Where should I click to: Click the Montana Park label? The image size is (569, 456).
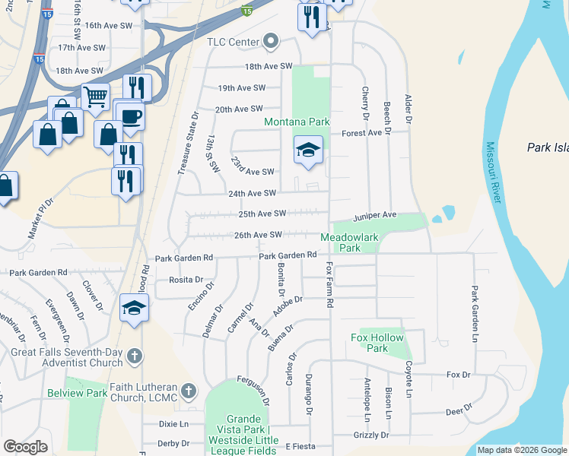point(297,122)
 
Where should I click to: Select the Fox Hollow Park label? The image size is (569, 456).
point(377,343)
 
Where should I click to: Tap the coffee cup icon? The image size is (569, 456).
point(130,116)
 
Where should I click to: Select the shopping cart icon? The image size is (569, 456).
point(95,97)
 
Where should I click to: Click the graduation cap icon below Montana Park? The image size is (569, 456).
point(309,149)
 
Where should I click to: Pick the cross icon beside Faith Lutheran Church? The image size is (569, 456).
point(189,392)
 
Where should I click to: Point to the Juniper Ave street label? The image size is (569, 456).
point(374,215)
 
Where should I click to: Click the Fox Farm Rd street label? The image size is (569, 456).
point(330,285)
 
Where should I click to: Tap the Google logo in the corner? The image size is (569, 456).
point(25,447)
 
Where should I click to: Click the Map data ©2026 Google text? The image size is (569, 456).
point(522,450)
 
